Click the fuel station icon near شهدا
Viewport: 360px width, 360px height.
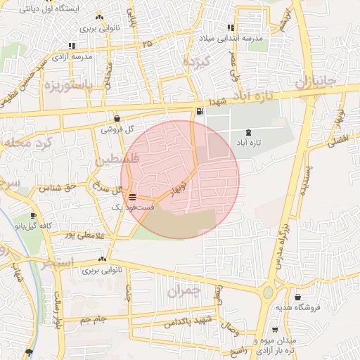point(201,112)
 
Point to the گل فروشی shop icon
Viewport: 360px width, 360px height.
point(117,118)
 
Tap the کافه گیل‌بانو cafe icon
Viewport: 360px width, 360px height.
point(33,216)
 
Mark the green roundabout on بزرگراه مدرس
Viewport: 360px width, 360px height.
point(268,292)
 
